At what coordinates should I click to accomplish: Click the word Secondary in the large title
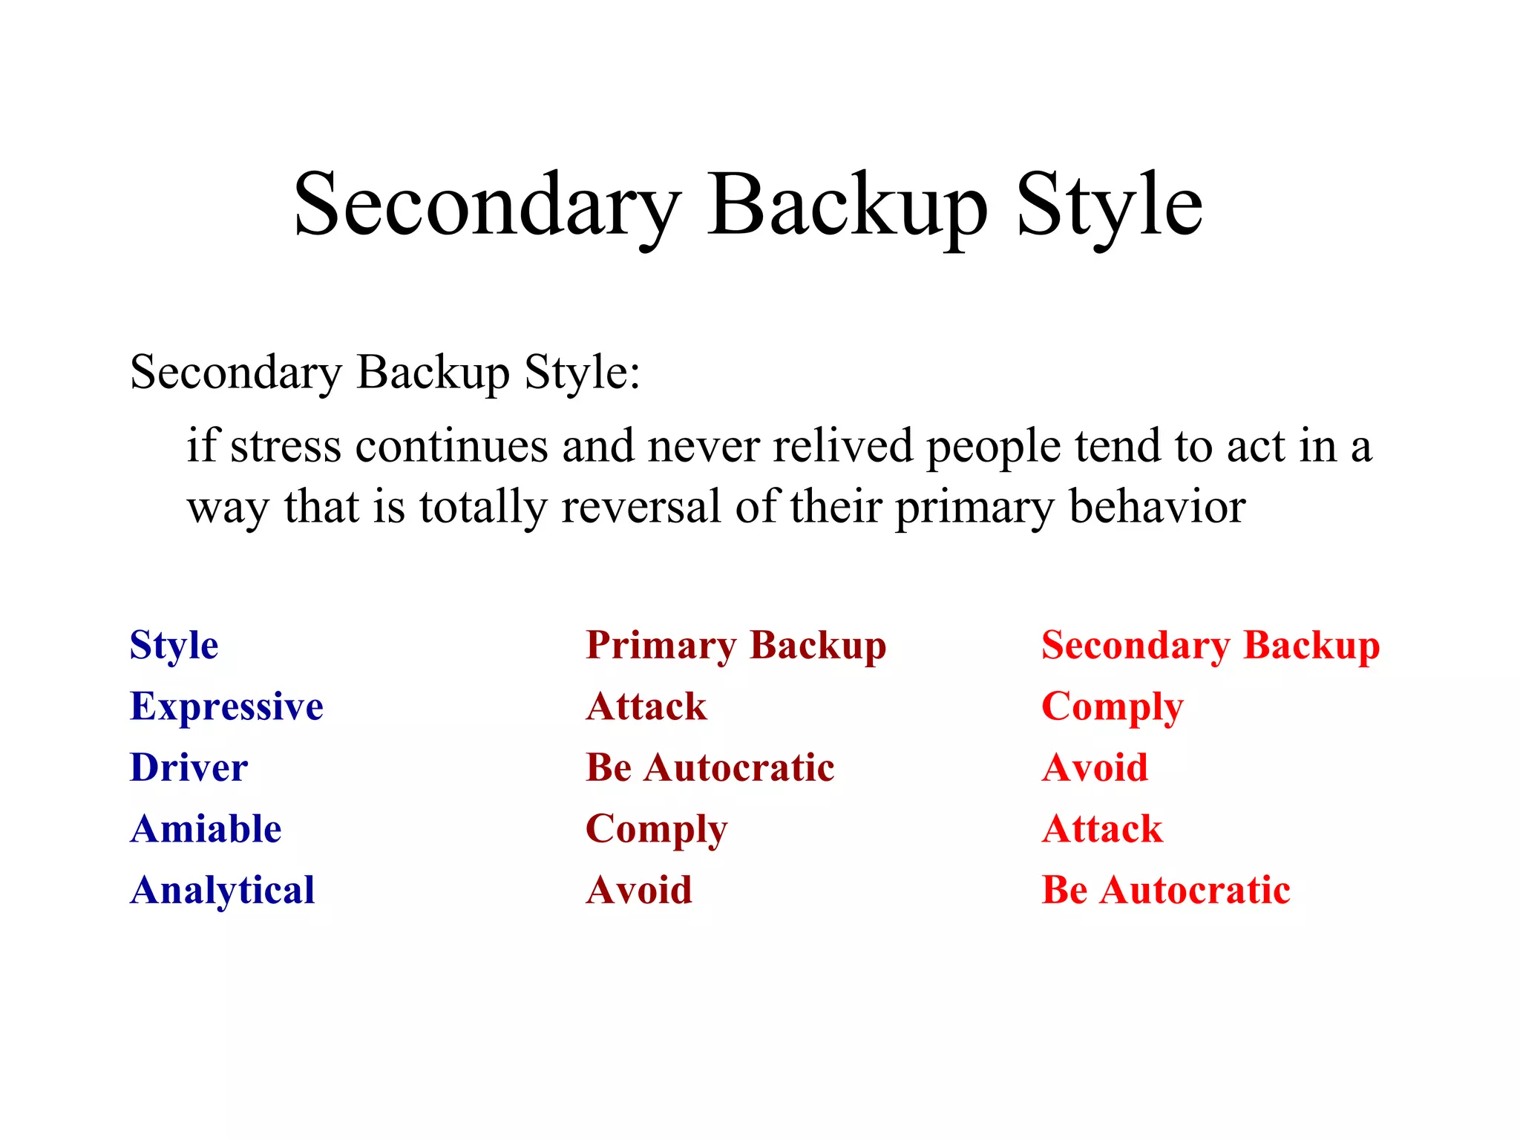point(487,204)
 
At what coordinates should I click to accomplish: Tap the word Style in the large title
point(1109,204)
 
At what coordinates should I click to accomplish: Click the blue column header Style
point(174,645)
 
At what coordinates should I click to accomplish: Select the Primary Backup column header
point(736,645)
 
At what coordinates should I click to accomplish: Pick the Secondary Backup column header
point(1211,645)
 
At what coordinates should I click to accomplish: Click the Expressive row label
point(226,707)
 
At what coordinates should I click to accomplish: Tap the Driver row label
point(189,767)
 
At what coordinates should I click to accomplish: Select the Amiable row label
point(206,829)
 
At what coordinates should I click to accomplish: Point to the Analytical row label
point(222,891)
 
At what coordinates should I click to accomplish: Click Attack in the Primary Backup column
point(646,707)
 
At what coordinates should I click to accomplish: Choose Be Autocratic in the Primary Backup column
point(710,767)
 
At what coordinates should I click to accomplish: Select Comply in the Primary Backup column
point(656,830)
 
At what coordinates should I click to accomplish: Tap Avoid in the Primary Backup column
point(638,890)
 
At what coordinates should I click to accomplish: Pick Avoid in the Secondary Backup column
point(1095,767)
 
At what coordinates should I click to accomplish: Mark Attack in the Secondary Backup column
point(1102,829)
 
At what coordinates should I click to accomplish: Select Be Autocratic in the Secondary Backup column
point(1165,890)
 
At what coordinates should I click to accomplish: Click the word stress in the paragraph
point(286,447)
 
